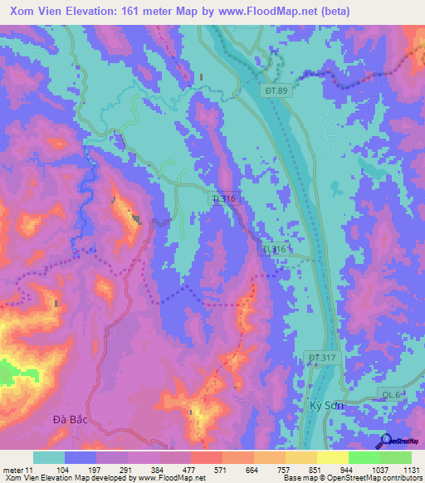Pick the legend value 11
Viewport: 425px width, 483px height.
(30, 469)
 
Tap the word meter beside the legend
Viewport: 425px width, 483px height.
(12, 469)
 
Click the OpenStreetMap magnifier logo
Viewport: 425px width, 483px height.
(385, 441)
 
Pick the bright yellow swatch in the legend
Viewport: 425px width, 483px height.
(332, 457)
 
